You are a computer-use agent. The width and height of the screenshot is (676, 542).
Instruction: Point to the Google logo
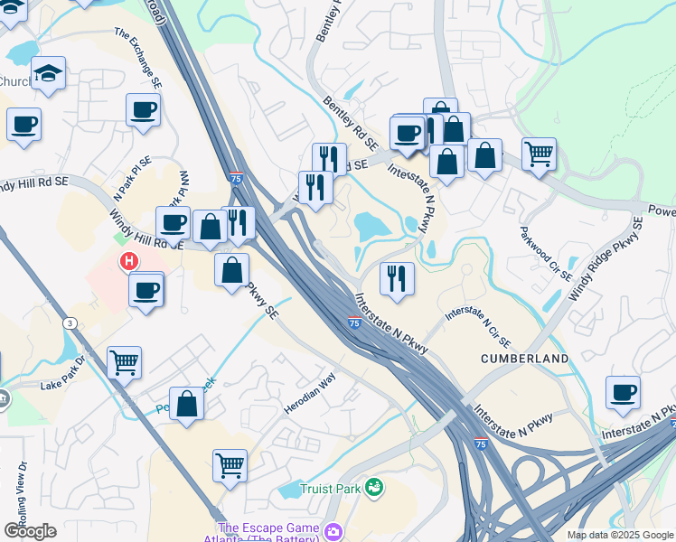point(30,530)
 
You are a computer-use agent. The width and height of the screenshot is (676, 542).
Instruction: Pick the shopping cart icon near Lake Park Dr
point(125,362)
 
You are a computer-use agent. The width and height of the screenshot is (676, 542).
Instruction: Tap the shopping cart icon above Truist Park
point(230,465)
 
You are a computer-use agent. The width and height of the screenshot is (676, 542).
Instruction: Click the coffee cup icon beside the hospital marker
point(146,290)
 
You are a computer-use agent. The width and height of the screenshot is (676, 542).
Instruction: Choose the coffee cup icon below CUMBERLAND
point(623,392)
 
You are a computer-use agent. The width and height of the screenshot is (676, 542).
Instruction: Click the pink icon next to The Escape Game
point(334,530)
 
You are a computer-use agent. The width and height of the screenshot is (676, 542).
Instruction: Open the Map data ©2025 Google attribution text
point(620,535)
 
